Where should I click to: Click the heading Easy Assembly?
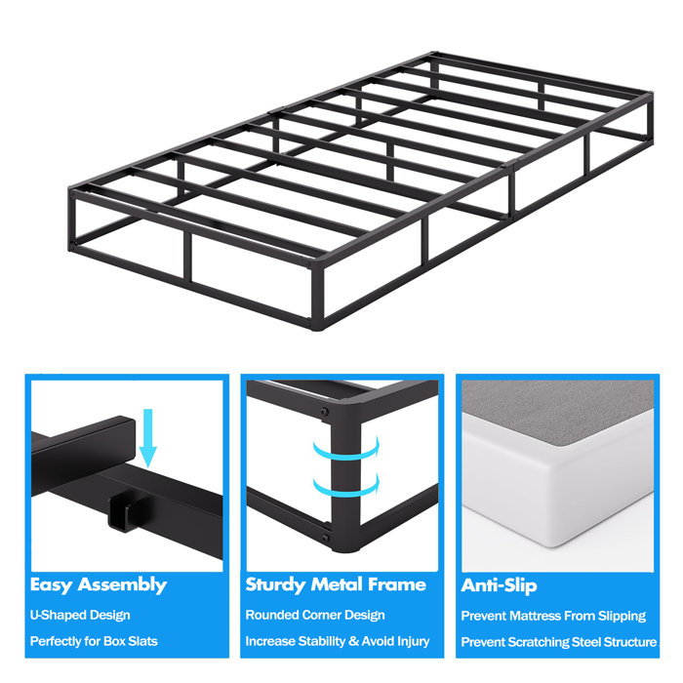tap(98, 584)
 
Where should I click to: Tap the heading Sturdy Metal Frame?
tap(336, 584)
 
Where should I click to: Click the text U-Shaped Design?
tap(80, 616)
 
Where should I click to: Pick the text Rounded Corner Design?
tap(315, 616)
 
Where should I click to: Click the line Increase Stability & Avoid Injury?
tap(338, 641)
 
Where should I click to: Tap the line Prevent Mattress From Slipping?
tap(553, 616)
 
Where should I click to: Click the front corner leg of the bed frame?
tap(318, 293)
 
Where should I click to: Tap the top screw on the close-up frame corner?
tap(323, 415)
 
